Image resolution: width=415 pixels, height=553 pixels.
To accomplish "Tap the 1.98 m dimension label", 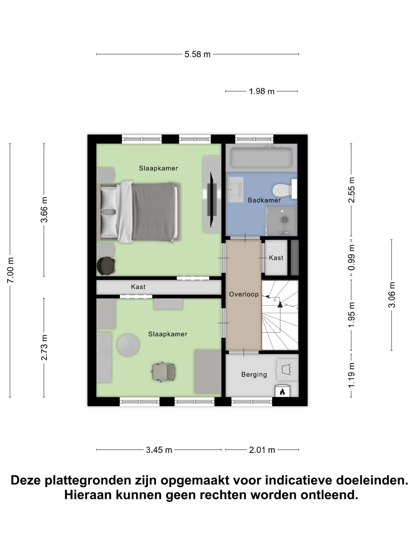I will (261, 91).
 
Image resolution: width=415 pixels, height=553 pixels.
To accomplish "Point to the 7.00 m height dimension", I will (11, 270).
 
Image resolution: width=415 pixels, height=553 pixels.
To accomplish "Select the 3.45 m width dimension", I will (159, 450).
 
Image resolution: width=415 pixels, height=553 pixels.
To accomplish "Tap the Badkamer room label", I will (264, 200).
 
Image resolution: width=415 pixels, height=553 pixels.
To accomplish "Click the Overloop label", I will (244, 294).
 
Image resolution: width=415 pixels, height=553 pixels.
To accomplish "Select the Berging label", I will (254, 374).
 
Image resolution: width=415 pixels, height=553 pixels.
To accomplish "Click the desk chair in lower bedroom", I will (164, 371).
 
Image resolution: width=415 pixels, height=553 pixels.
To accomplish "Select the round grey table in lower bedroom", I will (128, 345).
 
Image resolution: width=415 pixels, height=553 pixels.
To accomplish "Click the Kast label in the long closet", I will (138, 287).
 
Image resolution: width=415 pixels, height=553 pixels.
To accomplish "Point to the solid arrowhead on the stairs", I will (280, 304).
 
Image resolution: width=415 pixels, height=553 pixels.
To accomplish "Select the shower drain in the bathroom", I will (284, 219).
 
